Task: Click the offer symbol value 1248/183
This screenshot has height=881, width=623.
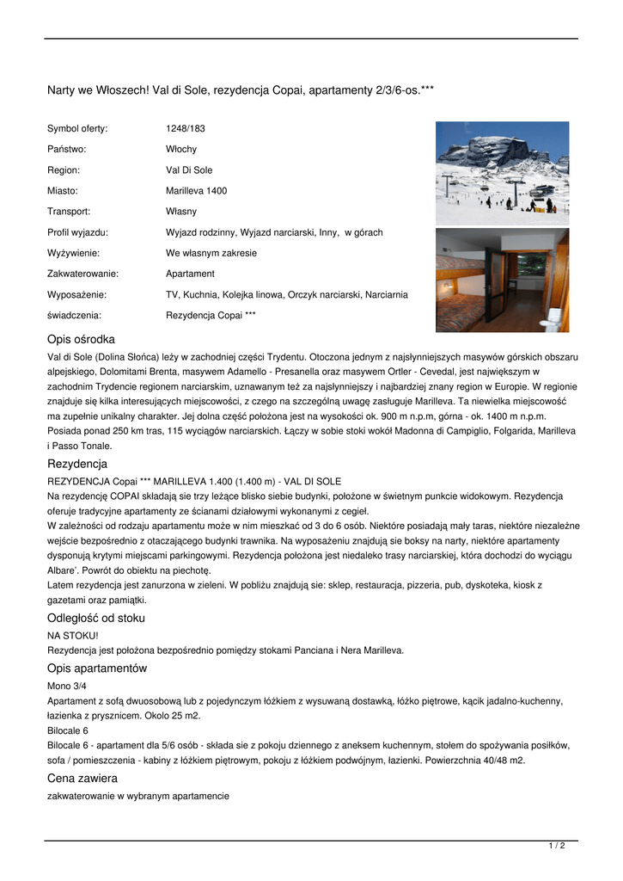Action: (x=186, y=129)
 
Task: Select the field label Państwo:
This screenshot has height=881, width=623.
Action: (x=67, y=150)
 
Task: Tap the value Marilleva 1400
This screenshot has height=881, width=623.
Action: (x=196, y=191)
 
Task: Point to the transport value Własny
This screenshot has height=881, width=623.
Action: (x=181, y=212)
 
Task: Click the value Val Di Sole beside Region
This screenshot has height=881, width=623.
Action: (x=189, y=170)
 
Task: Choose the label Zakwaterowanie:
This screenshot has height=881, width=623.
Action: (x=82, y=274)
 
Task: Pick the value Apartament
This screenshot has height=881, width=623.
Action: (x=190, y=274)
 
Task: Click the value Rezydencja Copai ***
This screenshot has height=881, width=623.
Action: (x=211, y=316)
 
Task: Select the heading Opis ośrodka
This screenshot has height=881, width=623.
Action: (x=81, y=340)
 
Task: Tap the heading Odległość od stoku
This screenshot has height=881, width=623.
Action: (x=96, y=619)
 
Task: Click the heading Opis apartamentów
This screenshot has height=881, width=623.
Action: (x=97, y=668)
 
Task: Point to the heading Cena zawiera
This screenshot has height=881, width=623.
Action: (x=82, y=779)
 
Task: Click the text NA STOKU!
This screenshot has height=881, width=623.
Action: (x=73, y=635)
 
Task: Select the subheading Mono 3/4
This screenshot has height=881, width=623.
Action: (x=67, y=686)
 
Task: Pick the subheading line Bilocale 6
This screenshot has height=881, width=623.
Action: (x=68, y=730)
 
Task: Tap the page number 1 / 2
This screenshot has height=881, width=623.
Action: (x=557, y=847)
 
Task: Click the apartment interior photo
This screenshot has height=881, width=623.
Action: (x=502, y=280)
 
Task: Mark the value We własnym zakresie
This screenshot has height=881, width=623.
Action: (x=211, y=254)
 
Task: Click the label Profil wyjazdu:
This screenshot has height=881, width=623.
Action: (x=77, y=232)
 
